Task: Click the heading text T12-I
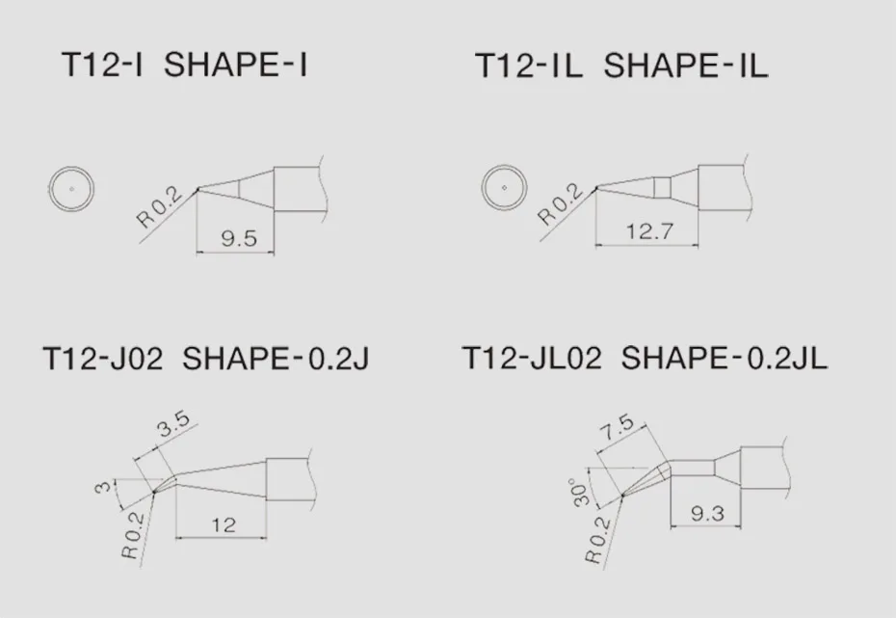point(101,66)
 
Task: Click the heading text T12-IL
point(529,67)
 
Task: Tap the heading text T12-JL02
point(532,359)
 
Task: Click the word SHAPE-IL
point(685,67)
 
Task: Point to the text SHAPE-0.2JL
point(725,359)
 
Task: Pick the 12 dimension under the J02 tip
point(223,524)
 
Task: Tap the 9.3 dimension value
point(707,513)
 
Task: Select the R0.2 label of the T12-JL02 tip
point(598,540)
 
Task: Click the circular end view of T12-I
point(71,187)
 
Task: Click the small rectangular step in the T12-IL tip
point(662,187)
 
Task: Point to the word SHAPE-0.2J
point(276,359)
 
